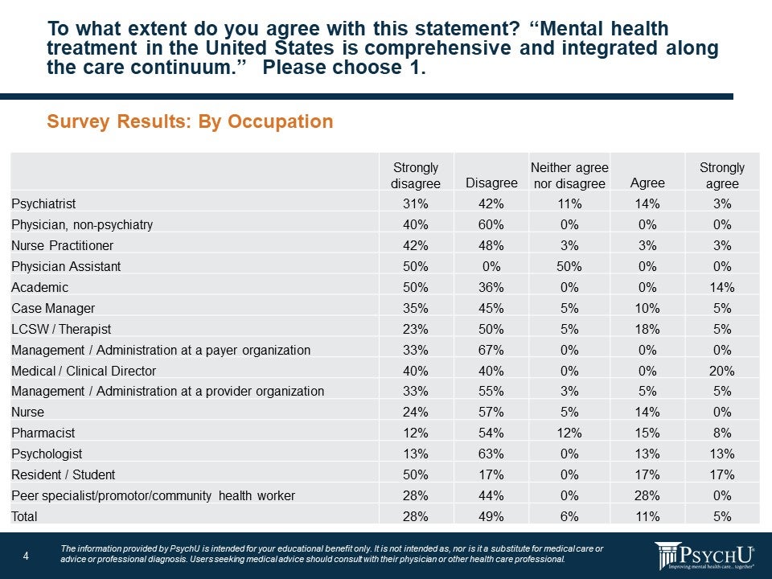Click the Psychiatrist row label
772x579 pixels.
point(43,203)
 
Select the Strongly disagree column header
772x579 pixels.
point(416,175)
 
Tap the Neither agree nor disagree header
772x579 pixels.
point(569,175)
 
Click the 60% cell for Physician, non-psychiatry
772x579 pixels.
point(491,224)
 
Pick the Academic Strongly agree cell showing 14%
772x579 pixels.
point(721,287)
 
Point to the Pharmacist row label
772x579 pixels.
point(40,433)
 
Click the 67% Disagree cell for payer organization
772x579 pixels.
point(491,350)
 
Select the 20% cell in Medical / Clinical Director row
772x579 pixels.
point(721,371)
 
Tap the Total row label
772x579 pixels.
point(25,516)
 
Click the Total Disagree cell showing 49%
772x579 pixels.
point(491,516)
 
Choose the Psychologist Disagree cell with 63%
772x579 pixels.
point(491,454)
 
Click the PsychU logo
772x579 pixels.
point(704,556)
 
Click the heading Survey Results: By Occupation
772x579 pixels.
point(190,122)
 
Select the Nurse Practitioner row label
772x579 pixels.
point(63,245)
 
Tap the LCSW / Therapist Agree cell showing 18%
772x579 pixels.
point(647,329)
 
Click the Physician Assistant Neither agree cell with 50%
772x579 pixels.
point(569,266)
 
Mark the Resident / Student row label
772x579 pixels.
point(64,474)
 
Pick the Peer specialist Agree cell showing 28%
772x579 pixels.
point(647,495)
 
